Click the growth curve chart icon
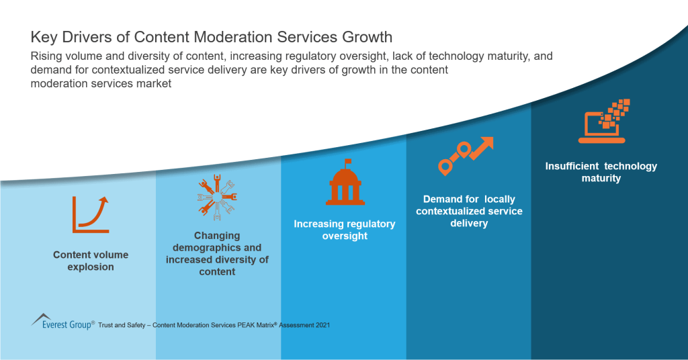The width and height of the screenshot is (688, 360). pos(91,214)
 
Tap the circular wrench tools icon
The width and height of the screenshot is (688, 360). pos(216,199)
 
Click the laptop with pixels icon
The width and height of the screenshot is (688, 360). pos(603,122)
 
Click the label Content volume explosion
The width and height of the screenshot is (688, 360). pos(91,261)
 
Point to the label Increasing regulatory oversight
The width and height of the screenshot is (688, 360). pos(345,230)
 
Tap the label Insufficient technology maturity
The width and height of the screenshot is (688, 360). pos(601,172)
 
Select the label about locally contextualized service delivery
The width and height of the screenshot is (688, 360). pos(469,211)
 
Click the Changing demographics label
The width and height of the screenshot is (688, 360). pos(218,253)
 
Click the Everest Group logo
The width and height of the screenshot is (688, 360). pos(62,322)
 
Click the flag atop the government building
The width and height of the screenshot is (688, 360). pos(347,162)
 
